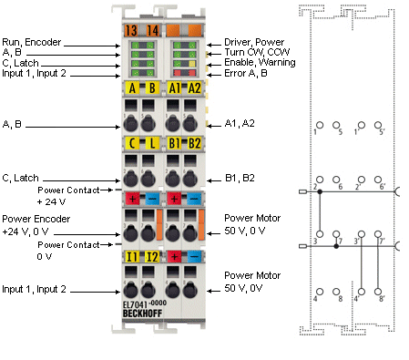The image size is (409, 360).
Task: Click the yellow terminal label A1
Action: tap(173, 87)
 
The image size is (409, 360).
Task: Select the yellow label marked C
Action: tap(132, 143)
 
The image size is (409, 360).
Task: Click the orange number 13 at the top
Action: tap(132, 30)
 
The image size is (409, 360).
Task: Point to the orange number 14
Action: tap(152, 30)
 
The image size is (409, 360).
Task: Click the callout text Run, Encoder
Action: tap(33, 41)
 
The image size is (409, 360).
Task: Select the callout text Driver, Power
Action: tap(255, 41)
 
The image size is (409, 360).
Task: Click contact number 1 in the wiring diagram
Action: tap(315, 133)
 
